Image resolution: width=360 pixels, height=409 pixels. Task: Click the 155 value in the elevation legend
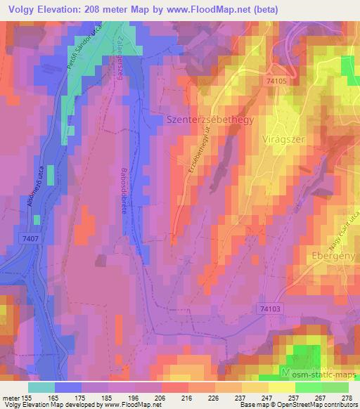(29, 398)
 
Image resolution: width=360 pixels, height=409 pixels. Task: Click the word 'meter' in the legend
(10, 398)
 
